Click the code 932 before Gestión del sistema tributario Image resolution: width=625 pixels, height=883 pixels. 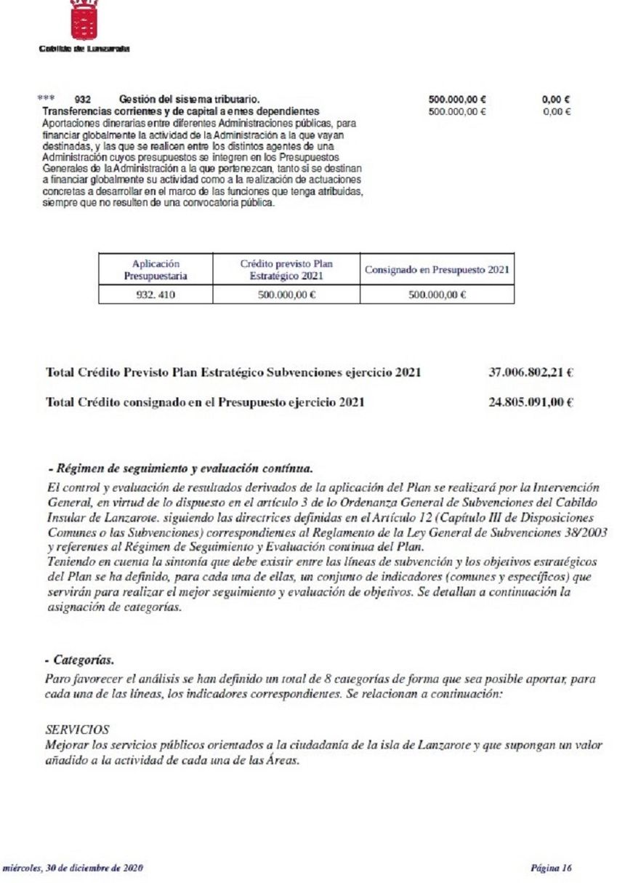[x=83, y=99]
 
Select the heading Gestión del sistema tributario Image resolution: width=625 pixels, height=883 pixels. [x=189, y=99]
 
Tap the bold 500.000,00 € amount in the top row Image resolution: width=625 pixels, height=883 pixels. [x=457, y=99]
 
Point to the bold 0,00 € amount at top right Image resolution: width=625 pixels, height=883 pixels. [x=556, y=99]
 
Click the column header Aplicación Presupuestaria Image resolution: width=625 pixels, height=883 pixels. [x=156, y=270]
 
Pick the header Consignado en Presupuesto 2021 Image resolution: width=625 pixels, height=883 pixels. [x=437, y=270]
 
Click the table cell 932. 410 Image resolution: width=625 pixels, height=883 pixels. [x=156, y=295]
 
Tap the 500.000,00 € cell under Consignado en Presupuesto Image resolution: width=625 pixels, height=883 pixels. [x=437, y=295]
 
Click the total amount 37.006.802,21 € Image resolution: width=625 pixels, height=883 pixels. [x=531, y=372]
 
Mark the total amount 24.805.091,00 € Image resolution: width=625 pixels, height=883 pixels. [x=531, y=401]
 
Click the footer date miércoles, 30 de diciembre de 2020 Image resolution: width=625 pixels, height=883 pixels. [x=76, y=868]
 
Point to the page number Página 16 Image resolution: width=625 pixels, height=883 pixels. [x=552, y=868]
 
